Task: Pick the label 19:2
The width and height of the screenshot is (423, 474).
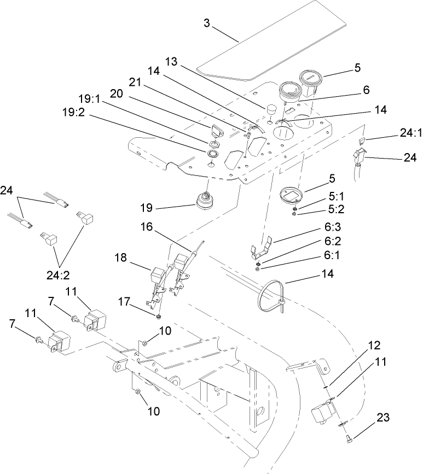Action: point(76,116)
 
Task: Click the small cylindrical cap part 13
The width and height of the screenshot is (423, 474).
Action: point(272,110)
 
